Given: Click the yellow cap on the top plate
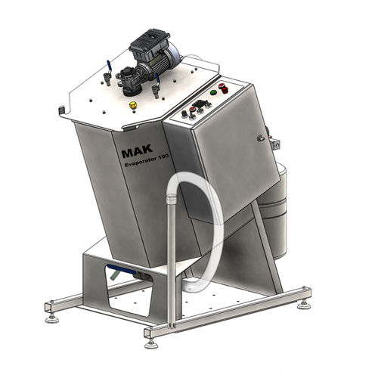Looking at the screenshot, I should (x=132, y=104).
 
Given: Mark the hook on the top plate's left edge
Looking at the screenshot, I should (x=61, y=111).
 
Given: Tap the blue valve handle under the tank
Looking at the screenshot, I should (x=116, y=271).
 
